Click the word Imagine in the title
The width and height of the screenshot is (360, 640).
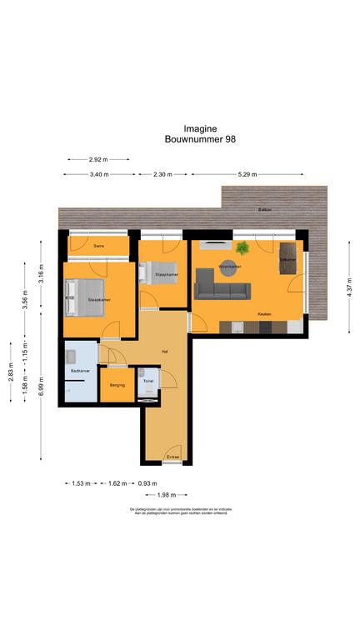[180, 129]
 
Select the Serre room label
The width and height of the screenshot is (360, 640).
[99, 246]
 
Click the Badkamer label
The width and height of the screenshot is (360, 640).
[80, 372]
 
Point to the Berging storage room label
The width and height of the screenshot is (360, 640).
[117, 385]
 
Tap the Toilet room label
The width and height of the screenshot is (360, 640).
[148, 380]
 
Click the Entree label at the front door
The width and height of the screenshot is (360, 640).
[173, 457]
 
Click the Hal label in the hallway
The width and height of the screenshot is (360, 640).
[165, 351]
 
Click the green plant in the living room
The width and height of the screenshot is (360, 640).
[242, 247]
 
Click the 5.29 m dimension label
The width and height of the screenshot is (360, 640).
[246, 174]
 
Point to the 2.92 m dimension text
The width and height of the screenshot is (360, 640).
[99, 158]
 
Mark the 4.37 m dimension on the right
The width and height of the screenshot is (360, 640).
[349, 288]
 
